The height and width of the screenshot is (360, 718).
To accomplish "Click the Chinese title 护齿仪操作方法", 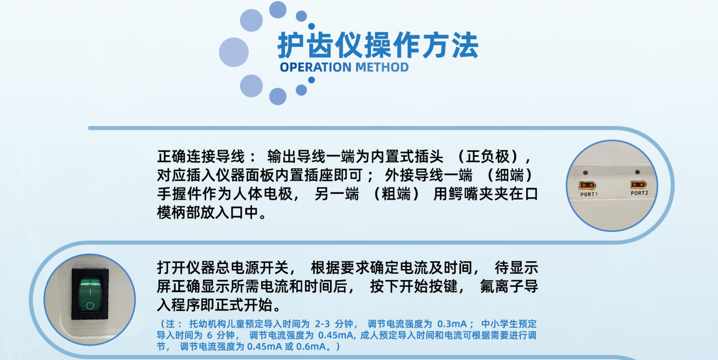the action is pos(378,45).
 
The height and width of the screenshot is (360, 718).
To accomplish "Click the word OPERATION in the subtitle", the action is pos(316,67).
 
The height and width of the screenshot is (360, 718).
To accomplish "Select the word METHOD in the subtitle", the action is pos(382,67).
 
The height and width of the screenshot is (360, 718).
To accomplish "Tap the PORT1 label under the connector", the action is pos(589,194).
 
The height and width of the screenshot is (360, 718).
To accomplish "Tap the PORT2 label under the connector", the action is pos(639,193).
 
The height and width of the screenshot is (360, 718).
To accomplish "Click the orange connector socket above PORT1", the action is pos(587,185).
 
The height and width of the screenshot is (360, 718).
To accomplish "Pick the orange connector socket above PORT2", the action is pos(638,185).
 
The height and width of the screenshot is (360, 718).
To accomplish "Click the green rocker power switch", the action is pos(90,295).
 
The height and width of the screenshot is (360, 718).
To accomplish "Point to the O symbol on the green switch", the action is pos(90,305).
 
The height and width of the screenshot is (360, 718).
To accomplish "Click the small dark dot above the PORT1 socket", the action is pos(585,172).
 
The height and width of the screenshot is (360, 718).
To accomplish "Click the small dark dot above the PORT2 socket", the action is pos(637,172).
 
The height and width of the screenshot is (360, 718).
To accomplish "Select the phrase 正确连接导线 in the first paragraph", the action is pos(201,157).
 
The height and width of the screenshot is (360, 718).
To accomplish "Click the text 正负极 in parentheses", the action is pos(488,157).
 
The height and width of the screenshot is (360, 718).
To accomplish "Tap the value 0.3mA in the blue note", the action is pos(452,324).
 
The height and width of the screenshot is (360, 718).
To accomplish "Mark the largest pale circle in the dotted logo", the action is pos(234,52).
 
